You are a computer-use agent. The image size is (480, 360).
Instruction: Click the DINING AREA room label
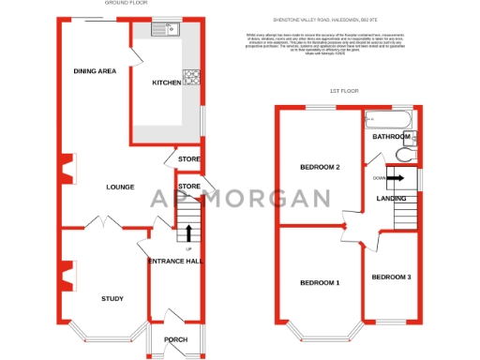(x=95, y=71)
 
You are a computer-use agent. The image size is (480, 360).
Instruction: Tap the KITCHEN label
(x=167, y=82)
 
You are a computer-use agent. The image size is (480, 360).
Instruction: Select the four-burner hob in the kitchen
(x=193, y=77)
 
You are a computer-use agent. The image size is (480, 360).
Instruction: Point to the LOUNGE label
(x=120, y=187)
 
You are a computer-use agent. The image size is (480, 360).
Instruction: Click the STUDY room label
(x=112, y=298)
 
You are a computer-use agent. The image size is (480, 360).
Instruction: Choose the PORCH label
(x=175, y=339)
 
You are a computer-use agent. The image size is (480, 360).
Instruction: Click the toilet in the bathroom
(x=404, y=156)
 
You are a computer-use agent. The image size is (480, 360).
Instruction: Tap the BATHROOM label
(x=391, y=137)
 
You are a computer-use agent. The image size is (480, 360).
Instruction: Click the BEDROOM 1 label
(x=319, y=282)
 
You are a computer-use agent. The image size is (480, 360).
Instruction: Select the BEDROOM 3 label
(x=390, y=277)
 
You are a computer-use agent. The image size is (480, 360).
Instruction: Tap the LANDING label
(x=391, y=197)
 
